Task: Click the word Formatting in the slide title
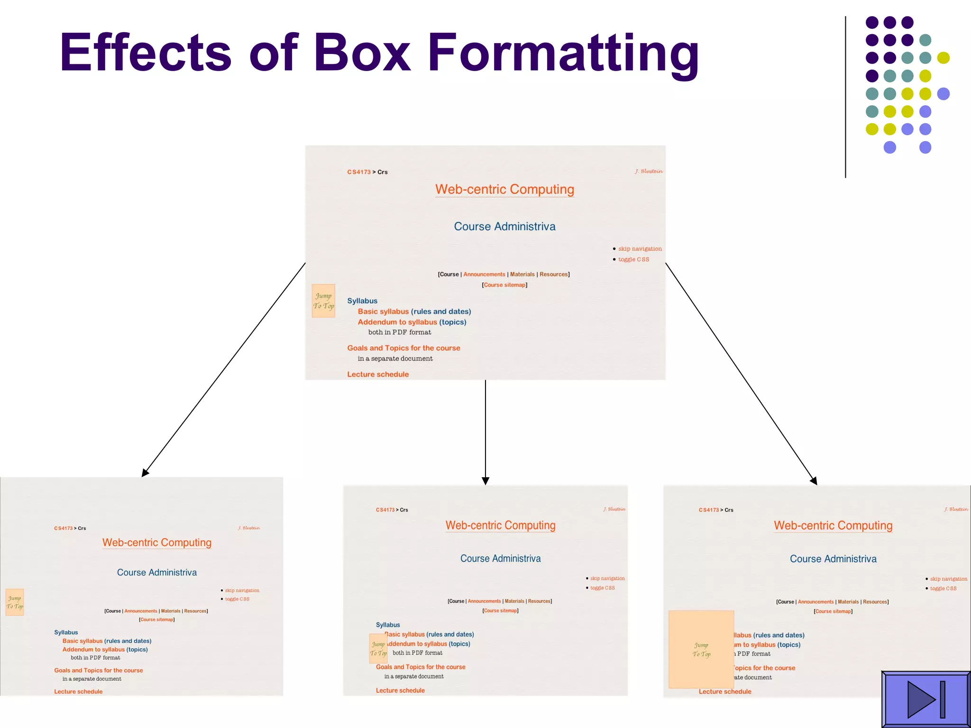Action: [x=563, y=53]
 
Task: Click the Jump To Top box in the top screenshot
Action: [x=323, y=300]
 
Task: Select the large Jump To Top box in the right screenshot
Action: [x=701, y=649]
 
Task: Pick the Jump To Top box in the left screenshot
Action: [x=15, y=602]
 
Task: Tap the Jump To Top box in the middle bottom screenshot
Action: [x=378, y=648]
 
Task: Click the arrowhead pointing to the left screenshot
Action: [x=145, y=473]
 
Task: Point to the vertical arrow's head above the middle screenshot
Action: [x=485, y=481]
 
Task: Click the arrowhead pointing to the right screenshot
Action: [x=814, y=481]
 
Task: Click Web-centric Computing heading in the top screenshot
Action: [x=504, y=189]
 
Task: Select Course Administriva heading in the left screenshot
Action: [x=157, y=573]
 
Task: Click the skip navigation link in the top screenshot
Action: [x=640, y=249]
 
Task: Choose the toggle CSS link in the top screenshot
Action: [x=633, y=259]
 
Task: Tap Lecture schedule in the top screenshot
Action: [x=378, y=374]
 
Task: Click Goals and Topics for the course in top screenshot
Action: [x=403, y=348]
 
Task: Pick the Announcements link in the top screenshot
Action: [x=484, y=274]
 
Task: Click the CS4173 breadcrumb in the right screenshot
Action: [x=708, y=510]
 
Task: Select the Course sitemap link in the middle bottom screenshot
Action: [x=500, y=610]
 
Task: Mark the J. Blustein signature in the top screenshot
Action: [x=649, y=171]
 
